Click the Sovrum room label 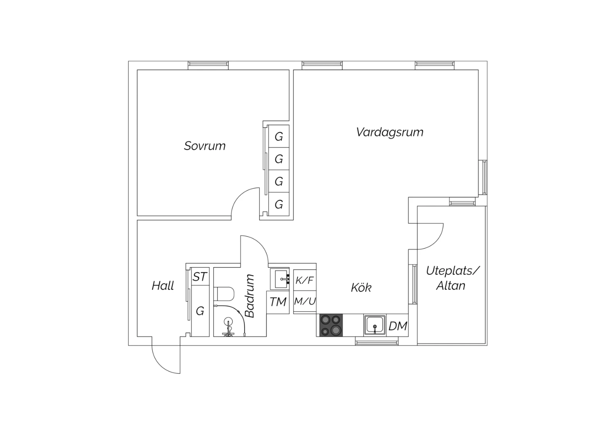tap(205, 146)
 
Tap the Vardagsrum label tap(389, 132)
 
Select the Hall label tap(163, 285)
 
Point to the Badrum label tap(250, 296)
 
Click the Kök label tap(361, 287)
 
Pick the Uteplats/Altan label tap(452, 278)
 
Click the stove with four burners tap(331, 325)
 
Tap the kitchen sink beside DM tap(374, 325)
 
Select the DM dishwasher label tap(398, 326)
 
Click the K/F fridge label tap(304, 280)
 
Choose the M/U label tap(305, 301)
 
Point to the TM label tap(278, 302)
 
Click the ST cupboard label tap(200, 277)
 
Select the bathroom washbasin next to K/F tap(280, 279)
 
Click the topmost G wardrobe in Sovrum tap(279, 136)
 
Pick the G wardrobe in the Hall tap(200, 312)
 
